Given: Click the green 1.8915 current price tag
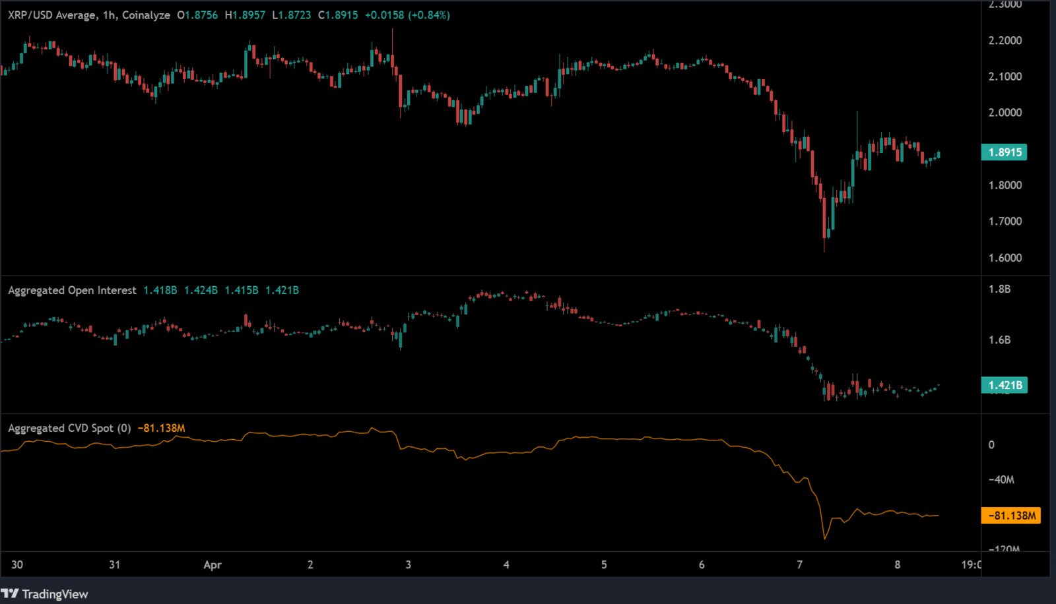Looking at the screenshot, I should [x=1004, y=152].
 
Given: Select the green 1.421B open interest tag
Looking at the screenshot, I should [x=1004, y=385].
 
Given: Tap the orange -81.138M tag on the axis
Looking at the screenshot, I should [x=1011, y=516].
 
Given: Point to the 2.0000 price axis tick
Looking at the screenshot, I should [x=1005, y=113].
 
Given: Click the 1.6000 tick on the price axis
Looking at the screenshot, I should [x=1005, y=258].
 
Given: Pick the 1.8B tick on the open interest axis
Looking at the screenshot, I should [x=999, y=289].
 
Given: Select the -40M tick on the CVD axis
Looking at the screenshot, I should [x=1001, y=479].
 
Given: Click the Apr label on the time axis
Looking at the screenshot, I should [x=213, y=565].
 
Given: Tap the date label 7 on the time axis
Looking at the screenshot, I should [x=799, y=565].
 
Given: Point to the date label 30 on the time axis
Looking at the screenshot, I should [x=17, y=565].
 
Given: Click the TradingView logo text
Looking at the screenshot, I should [x=55, y=594].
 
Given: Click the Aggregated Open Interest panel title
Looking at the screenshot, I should [x=72, y=290].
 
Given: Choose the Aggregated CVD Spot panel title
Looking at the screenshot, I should [x=69, y=429].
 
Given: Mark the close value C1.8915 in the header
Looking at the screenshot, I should [x=338, y=15].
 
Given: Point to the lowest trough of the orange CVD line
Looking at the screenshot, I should [x=825, y=539].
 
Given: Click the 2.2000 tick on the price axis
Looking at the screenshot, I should [x=1005, y=40].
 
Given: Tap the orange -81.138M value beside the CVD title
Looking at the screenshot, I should [x=162, y=429].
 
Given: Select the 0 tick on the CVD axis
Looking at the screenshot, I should [x=991, y=445].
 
